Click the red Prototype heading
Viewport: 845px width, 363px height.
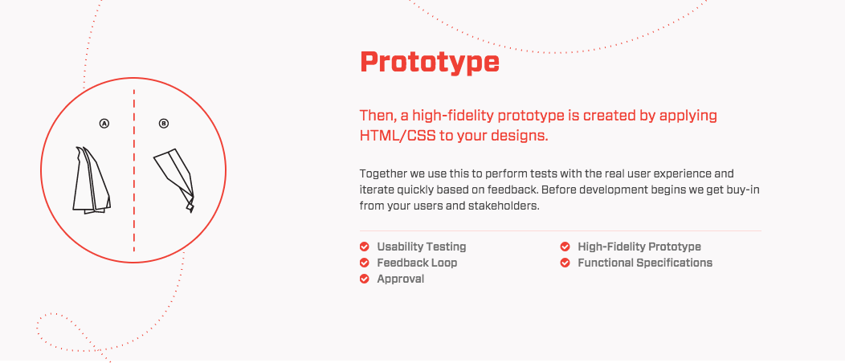[x=430, y=63]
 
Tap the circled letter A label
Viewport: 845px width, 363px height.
[x=104, y=124]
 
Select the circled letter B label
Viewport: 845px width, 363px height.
[x=164, y=124]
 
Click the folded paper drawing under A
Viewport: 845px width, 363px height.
[x=92, y=180]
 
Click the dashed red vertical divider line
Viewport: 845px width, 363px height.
[x=133, y=171]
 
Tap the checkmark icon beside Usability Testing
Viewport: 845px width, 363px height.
[x=365, y=247]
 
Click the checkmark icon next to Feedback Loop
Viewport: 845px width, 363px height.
[x=365, y=263]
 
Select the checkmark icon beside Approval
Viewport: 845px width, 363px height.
[x=365, y=279]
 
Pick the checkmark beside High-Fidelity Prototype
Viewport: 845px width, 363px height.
[x=565, y=247]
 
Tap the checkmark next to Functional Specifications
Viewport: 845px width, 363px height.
[x=565, y=263]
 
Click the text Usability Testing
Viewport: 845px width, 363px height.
[x=422, y=247]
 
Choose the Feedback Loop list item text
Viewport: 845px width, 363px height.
[x=417, y=263]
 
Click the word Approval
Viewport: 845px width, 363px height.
[x=400, y=279]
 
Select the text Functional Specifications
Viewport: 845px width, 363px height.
[x=645, y=263]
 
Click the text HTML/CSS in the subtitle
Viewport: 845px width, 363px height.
[x=398, y=135]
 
